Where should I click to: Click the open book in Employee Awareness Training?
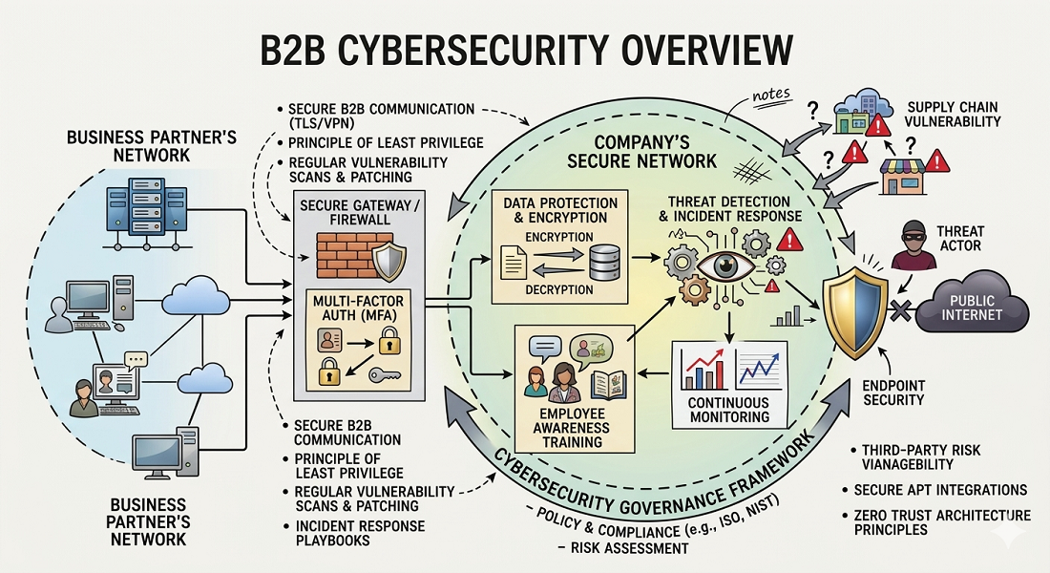607,383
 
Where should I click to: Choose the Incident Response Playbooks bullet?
359,534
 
